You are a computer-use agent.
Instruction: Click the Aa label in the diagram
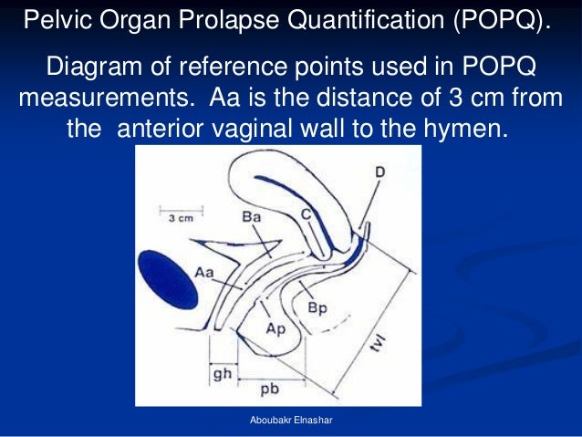point(205,271)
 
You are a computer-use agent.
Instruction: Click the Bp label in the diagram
point(317,307)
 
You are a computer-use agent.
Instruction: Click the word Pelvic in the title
point(53,20)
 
